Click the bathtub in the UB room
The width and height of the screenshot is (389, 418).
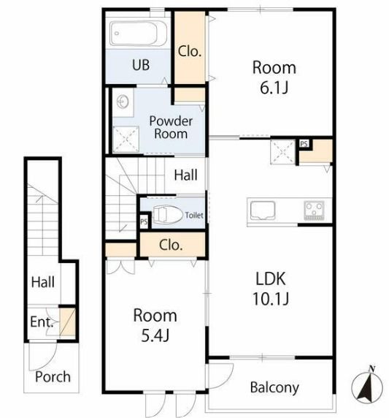(x=139, y=34)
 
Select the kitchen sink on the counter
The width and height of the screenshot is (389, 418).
(x=263, y=210)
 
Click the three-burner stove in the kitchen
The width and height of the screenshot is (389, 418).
(x=314, y=210)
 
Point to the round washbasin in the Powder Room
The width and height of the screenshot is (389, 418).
(x=123, y=102)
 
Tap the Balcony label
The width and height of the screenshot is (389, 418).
(x=274, y=387)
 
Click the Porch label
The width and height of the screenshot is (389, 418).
(x=53, y=376)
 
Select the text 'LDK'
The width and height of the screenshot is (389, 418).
(x=271, y=278)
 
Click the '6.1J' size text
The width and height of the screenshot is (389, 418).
(x=274, y=88)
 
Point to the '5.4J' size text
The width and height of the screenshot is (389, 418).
(x=155, y=335)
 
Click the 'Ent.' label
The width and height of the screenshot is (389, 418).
(x=42, y=322)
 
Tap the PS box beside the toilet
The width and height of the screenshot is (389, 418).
(x=144, y=221)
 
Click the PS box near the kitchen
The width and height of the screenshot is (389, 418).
(x=304, y=144)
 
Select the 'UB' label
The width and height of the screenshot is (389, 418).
(x=141, y=65)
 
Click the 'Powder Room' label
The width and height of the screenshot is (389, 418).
(x=171, y=127)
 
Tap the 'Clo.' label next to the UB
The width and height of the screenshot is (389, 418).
(x=190, y=51)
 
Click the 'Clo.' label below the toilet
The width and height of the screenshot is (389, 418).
(x=171, y=245)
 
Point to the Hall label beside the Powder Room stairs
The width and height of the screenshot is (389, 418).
(x=185, y=175)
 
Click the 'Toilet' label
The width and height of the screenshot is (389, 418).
(x=194, y=215)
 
